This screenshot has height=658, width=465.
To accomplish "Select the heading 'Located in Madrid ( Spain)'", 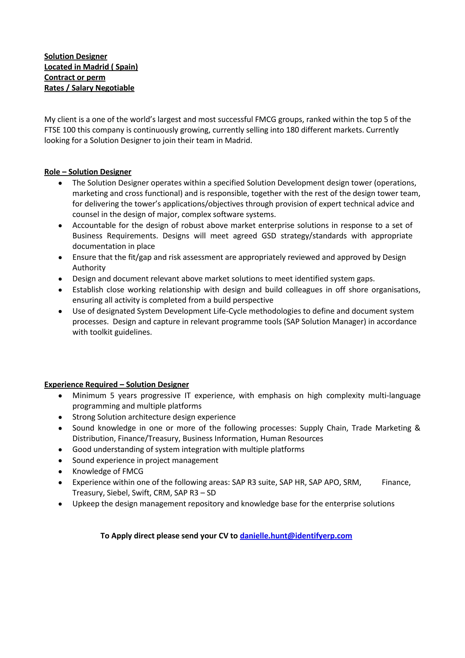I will point(91,67).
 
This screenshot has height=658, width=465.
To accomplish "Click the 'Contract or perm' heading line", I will point(75,77).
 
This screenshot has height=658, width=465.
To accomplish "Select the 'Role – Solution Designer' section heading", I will point(88,172).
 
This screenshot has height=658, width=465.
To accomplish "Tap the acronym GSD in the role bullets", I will point(269,236).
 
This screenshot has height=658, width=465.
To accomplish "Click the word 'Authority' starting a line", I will point(89,268).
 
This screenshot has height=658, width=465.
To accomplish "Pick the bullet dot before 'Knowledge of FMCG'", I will point(60,471).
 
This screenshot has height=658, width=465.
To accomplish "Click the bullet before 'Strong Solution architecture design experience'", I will point(60,417).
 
